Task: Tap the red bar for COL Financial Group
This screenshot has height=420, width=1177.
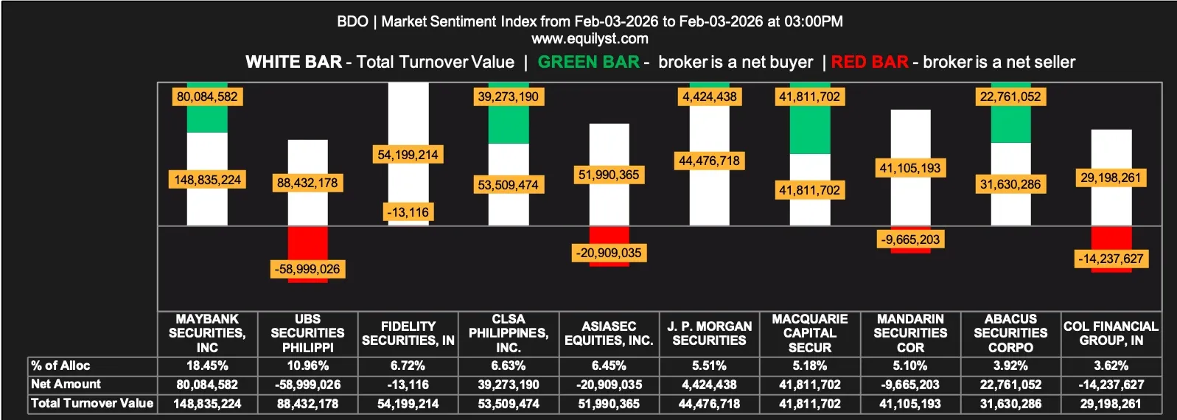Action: (x=1111, y=239)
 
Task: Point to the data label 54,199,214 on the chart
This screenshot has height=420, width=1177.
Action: (x=408, y=155)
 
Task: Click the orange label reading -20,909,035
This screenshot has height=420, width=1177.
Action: (x=609, y=253)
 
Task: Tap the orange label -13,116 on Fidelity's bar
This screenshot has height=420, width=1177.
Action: (x=408, y=212)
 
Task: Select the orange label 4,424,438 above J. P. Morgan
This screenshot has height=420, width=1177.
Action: (x=709, y=97)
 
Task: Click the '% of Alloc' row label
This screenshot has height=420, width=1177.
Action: (x=60, y=365)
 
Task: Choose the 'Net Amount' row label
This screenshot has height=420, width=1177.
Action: (x=66, y=384)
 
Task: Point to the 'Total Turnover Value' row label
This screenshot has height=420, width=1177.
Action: (x=92, y=403)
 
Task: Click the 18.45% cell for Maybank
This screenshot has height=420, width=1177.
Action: (x=207, y=365)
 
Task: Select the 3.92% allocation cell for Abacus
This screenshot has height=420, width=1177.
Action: (x=1010, y=365)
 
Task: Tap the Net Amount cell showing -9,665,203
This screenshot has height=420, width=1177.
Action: (x=910, y=385)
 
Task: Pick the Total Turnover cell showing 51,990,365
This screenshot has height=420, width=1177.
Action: (x=609, y=404)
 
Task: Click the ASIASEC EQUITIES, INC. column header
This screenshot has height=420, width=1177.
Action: (x=609, y=333)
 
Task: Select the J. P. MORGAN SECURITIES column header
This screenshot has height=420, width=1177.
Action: (x=709, y=333)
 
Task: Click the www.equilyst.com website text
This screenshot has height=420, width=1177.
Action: (x=590, y=38)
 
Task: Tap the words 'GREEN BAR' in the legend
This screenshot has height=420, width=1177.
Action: (x=588, y=62)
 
